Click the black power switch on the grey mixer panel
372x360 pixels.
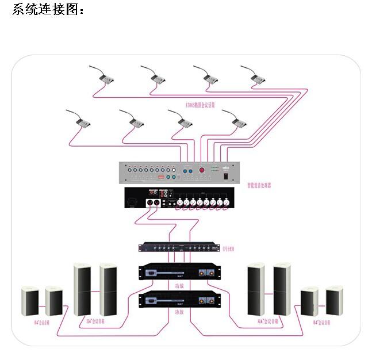pos(226,170)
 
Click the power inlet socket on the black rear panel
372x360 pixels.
pos(132,203)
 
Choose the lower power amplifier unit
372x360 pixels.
pos(179,300)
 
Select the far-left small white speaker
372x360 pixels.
pos(30,302)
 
